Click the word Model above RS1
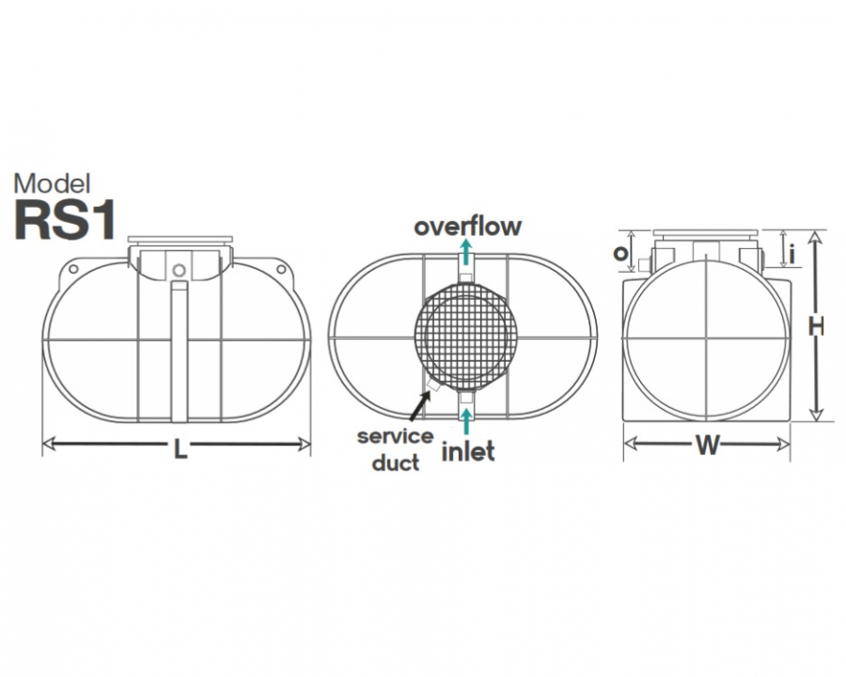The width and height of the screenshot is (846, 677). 53,184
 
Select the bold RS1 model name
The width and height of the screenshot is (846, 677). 65,221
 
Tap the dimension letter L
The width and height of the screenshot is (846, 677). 180,449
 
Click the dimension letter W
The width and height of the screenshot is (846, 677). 707,446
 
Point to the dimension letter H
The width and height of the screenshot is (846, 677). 816,326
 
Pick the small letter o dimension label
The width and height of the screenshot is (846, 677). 620,253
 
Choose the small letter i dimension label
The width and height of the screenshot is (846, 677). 791,254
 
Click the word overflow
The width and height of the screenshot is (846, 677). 468,227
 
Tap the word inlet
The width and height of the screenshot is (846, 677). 468,451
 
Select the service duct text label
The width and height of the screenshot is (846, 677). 396,449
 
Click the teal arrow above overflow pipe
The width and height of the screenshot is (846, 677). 466,251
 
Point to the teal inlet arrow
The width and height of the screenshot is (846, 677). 466,421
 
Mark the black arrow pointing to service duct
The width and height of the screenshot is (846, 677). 420,405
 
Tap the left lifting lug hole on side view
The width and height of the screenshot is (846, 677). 72,269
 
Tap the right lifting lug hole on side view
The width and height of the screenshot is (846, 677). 280,269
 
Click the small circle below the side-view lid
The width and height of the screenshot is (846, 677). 180,270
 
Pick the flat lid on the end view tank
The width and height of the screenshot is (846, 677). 706,233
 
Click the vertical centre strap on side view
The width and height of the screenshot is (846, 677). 180,351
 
